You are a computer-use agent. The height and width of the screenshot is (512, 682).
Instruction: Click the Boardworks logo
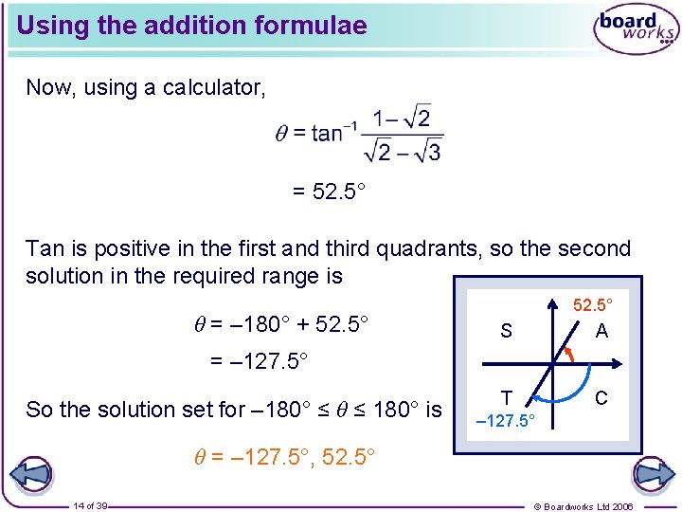636,28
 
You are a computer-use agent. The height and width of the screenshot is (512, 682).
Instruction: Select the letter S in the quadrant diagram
506,331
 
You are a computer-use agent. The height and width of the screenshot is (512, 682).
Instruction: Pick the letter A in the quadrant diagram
601,331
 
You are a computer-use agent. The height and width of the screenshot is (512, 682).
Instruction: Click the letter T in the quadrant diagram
507,398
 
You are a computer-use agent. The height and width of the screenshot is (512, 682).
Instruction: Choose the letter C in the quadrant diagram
601,398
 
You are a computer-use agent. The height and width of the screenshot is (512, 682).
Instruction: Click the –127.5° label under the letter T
505,419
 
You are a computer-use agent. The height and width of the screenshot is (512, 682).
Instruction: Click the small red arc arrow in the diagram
567,353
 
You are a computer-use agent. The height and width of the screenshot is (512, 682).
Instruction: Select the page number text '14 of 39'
91,506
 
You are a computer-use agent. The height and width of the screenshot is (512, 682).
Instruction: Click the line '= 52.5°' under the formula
328,192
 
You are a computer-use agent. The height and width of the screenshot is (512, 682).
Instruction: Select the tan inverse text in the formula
327,133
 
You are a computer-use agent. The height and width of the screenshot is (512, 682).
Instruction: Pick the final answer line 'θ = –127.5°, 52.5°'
278,457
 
